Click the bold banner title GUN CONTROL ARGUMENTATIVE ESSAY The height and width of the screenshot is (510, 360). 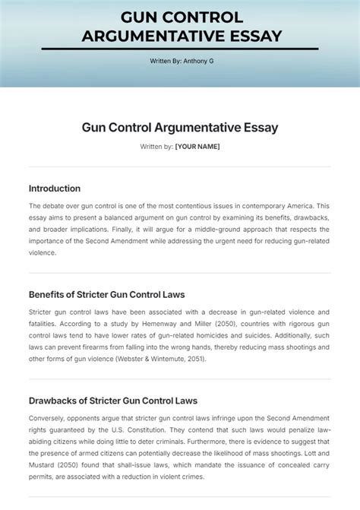tap(180, 26)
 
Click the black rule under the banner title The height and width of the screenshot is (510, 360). tap(180, 49)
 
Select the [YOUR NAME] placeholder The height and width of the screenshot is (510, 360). tap(197, 147)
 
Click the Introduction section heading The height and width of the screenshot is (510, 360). tap(55, 188)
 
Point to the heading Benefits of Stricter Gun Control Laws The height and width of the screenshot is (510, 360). tap(106, 294)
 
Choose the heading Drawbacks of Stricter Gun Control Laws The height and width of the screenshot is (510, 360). tap(112, 401)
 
